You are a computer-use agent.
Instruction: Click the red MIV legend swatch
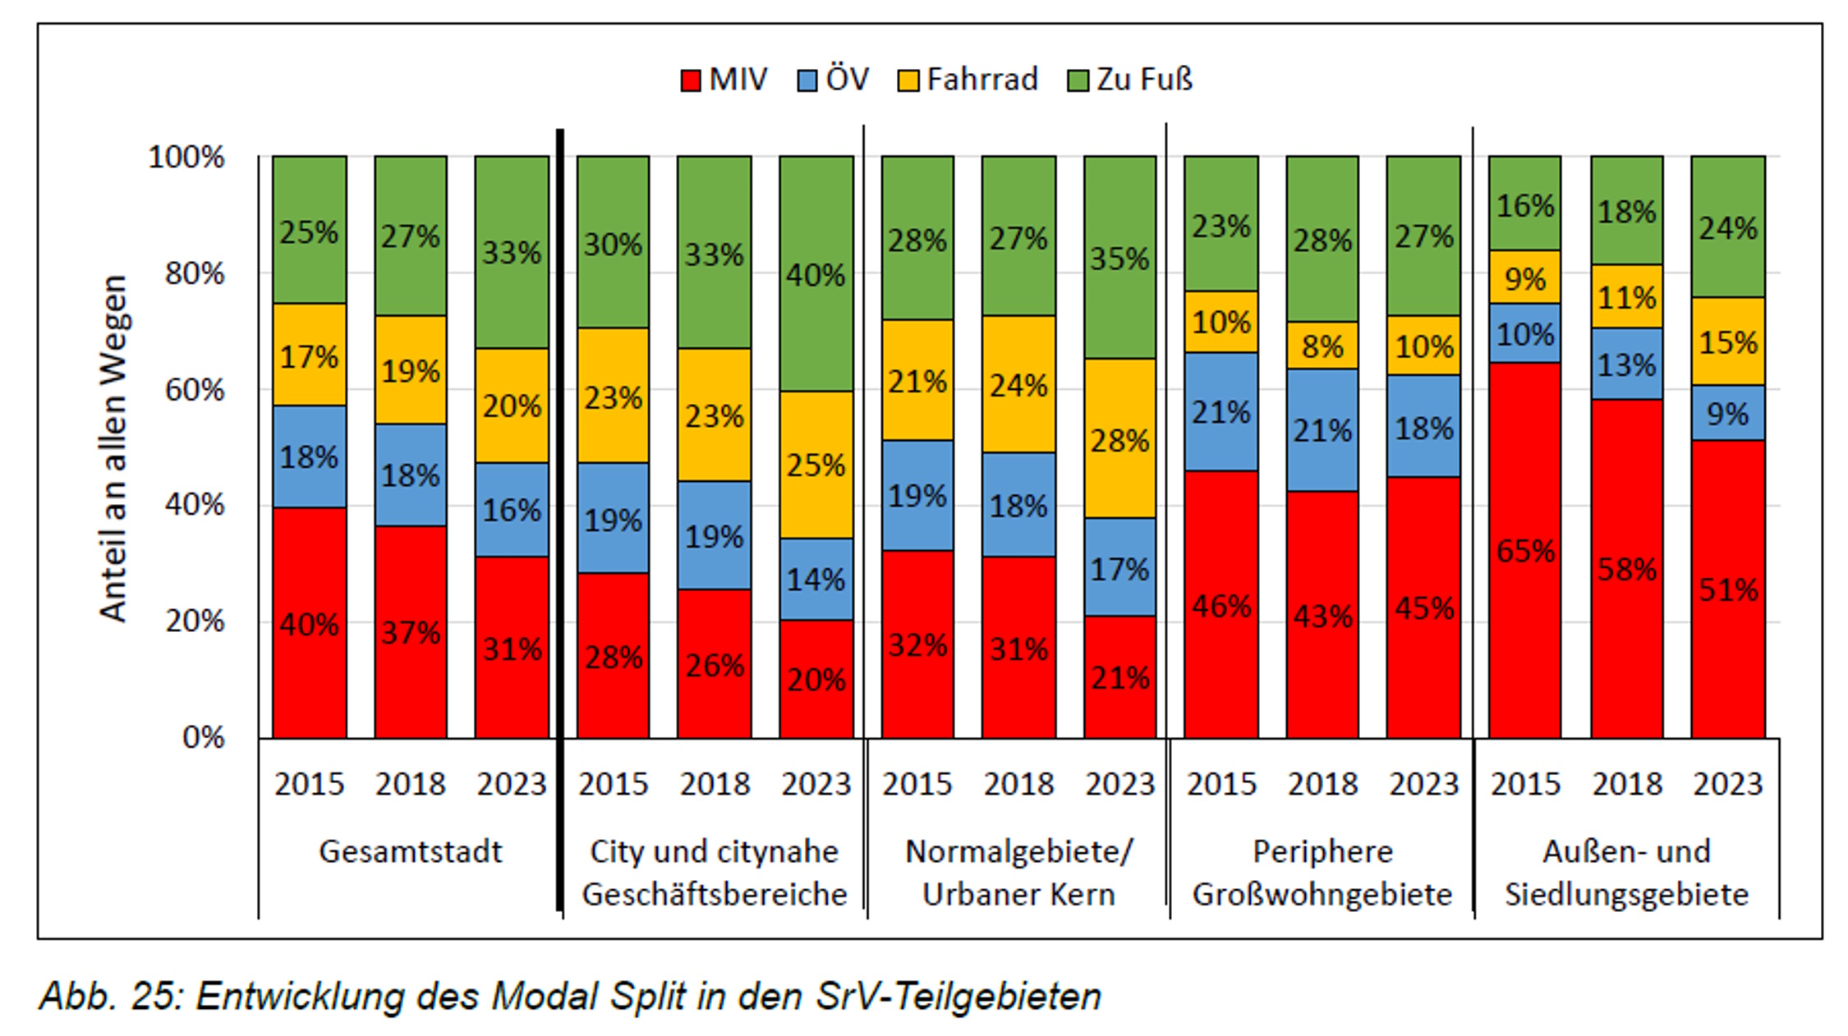tap(691, 80)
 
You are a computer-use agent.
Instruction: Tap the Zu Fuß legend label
tap(1144, 80)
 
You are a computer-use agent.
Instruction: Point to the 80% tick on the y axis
tap(194, 273)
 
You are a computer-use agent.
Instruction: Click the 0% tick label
tap(203, 737)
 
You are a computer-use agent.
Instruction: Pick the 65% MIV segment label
tap(1525, 551)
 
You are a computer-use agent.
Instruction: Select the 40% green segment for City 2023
tap(816, 274)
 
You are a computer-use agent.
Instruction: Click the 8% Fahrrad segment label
tap(1322, 346)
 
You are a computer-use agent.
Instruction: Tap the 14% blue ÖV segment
tap(816, 580)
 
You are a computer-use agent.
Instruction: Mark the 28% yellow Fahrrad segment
tap(1119, 440)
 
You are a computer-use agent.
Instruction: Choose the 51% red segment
tap(1728, 589)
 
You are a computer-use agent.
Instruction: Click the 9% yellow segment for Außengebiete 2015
tap(1525, 278)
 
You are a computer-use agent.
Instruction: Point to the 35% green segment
tap(1119, 258)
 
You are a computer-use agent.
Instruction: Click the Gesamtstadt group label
tap(410, 851)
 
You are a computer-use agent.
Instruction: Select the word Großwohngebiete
tap(1322, 894)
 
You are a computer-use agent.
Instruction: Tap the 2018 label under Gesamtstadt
tap(410, 784)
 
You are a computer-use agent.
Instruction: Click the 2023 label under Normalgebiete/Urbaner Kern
tap(1119, 784)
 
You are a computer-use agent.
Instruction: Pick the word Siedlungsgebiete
tap(1626, 894)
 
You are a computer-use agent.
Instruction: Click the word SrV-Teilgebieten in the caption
tap(958, 997)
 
